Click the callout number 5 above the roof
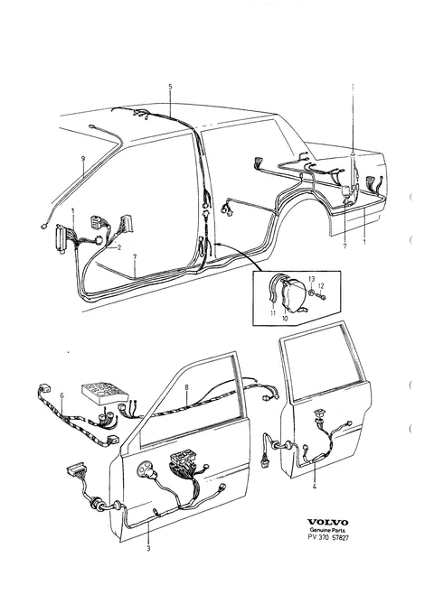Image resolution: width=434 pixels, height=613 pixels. pos(170,87)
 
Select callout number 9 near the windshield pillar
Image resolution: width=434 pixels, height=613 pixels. pos(82,158)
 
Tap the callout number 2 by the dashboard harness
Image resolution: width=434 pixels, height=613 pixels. pos(119,247)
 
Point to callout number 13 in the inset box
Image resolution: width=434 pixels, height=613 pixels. pos(311,279)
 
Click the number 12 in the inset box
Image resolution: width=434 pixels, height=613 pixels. pos(320,286)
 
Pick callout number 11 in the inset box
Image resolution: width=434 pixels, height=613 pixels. pos(273,313)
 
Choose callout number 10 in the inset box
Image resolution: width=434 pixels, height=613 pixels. pos(285,318)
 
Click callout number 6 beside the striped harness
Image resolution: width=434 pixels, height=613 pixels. pos(61,395)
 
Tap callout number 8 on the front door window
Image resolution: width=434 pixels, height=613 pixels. pos(186,387)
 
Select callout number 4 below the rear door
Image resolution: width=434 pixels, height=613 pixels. pos(314,487)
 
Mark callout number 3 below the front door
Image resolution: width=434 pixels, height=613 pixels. pos(148,549)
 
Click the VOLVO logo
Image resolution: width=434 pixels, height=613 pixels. pos(327,523)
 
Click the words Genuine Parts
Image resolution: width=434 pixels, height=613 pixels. pos(327,530)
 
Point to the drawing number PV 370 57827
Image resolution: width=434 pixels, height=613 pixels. pos(328,537)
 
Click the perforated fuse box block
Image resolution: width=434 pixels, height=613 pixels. pos(105,392)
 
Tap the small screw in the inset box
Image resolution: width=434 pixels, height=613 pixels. pos(322,298)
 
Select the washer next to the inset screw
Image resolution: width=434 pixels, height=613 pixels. pos(311,293)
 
